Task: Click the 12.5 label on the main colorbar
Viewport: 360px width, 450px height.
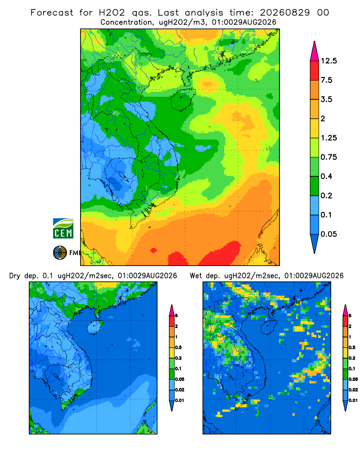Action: pos(328,61)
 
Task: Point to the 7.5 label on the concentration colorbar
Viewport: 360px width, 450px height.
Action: pos(326,80)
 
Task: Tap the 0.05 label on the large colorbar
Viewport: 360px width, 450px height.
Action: pos(328,234)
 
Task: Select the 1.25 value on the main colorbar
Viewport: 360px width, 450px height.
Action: pos(328,138)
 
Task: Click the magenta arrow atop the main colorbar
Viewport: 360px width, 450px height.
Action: pos(315,52)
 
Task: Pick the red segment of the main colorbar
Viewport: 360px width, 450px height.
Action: pos(315,71)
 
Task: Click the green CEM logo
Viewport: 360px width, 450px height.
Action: pos(63,228)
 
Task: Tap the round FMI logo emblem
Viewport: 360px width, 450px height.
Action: pos(60,252)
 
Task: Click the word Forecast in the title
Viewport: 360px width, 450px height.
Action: pos(52,13)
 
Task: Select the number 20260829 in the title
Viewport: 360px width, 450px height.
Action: pos(285,13)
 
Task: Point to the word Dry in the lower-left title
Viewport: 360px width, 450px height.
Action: pos(15,276)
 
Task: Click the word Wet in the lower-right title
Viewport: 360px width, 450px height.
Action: pos(196,276)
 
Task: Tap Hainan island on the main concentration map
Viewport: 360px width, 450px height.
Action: pos(182,99)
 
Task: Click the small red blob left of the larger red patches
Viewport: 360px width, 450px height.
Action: pos(153,250)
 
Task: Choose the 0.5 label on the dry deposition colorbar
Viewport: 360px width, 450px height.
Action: pos(178,347)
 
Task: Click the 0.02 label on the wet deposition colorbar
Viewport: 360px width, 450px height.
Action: pos(353,390)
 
